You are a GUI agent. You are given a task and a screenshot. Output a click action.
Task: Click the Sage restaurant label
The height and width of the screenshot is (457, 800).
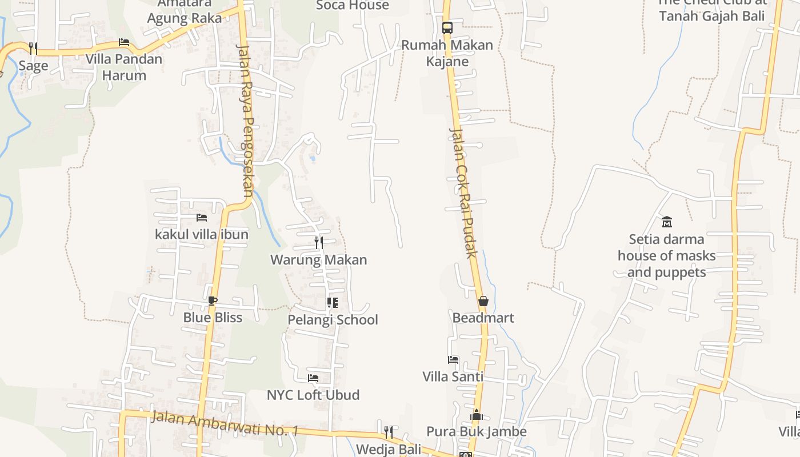pyautogui.click(x=33, y=66)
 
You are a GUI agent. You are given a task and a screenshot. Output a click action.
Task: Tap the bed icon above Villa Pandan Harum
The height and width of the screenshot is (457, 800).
pyautogui.click(x=123, y=42)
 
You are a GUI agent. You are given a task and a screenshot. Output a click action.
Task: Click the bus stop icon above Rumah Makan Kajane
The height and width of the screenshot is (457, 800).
pyautogui.click(x=447, y=27)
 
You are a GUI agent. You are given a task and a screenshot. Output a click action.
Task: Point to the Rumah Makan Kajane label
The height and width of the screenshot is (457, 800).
pyautogui.click(x=447, y=53)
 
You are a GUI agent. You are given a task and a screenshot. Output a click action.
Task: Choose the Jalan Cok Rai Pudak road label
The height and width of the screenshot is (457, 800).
pyautogui.click(x=463, y=192)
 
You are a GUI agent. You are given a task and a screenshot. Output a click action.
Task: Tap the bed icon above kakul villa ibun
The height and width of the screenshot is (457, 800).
pyautogui.click(x=201, y=218)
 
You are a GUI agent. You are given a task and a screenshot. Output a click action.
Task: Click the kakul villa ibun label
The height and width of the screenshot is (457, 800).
pyautogui.click(x=202, y=234)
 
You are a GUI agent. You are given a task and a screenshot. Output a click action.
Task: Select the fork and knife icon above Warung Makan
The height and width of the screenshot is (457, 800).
pyautogui.click(x=318, y=243)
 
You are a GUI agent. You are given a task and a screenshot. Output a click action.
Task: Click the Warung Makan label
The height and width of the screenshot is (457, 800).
pyautogui.click(x=318, y=260)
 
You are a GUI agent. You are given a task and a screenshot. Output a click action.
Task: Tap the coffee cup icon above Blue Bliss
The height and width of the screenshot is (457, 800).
pyautogui.click(x=213, y=300)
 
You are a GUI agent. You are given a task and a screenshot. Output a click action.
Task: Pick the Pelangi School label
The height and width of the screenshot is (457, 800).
pyautogui.click(x=333, y=320)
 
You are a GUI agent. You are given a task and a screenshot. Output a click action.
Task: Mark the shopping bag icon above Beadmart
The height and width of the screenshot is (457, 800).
pyautogui.click(x=483, y=301)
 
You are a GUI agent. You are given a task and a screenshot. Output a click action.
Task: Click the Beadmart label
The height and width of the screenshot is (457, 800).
pyautogui.click(x=483, y=318)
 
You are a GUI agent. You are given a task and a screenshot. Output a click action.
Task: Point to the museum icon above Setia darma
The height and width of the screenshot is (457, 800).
pyautogui.click(x=666, y=222)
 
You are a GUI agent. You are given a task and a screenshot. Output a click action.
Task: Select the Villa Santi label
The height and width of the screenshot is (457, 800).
pyautogui.click(x=453, y=376)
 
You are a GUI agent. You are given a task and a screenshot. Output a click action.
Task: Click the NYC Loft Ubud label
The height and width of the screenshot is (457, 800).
pyautogui.click(x=313, y=395)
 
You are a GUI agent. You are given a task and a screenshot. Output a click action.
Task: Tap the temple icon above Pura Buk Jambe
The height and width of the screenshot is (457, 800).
pyautogui.click(x=477, y=415)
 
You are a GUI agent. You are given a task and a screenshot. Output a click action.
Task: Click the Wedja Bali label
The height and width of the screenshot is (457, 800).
pyautogui.click(x=389, y=449)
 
